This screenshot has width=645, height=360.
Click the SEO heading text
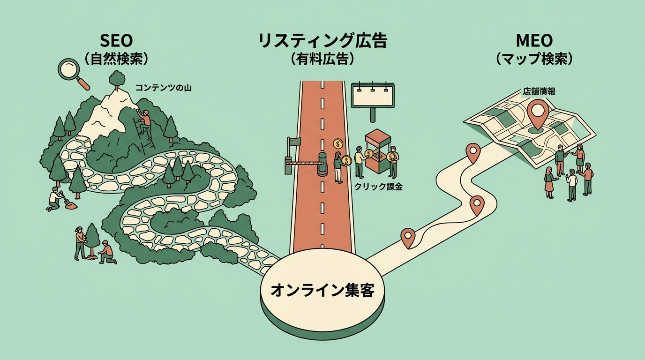coord(115,41)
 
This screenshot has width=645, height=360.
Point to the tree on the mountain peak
coord(116,81)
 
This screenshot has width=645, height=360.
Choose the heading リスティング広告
coord(322,41)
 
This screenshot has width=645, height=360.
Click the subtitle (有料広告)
coord(322,59)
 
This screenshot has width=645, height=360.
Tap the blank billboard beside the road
coord(373,97)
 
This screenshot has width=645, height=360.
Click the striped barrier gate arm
coord(302,163)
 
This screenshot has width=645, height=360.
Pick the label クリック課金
coord(378,187)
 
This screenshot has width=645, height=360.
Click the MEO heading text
coord(534,41)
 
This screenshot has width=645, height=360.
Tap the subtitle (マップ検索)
coord(534,59)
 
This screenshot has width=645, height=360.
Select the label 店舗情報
coord(539,92)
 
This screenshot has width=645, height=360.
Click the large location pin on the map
coord(537,114)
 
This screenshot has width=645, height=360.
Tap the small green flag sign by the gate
coord(294,141)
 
